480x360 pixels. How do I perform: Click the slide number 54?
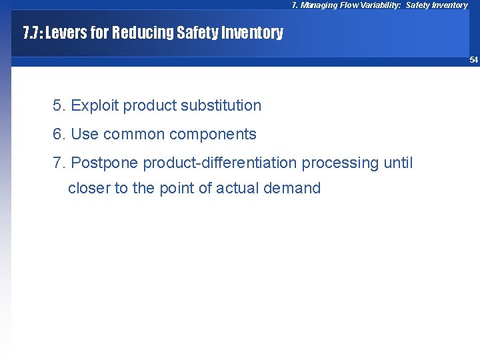click(473, 60)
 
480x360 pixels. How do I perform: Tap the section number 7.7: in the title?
click(33, 33)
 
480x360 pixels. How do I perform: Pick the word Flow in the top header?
click(348, 5)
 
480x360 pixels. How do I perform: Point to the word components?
click(213, 134)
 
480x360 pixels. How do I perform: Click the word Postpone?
click(105, 163)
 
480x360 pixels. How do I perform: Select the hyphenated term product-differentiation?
click(220, 163)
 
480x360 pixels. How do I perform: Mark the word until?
click(398, 163)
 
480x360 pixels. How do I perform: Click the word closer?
click(89, 188)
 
